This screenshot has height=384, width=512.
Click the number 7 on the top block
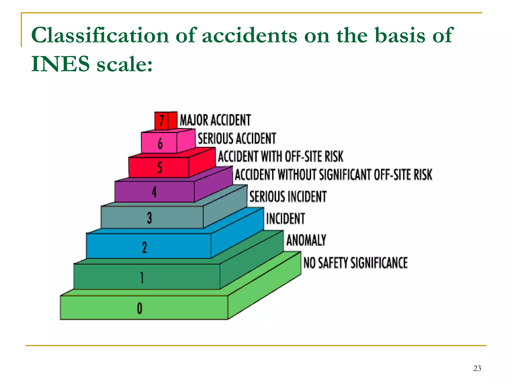tap(162, 121)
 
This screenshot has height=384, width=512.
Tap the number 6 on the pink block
tap(160, 143)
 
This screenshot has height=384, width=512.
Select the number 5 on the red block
tap(159, 167)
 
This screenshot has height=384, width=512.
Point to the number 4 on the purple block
tap(154, 192)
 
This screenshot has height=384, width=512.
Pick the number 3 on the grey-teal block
tap(149, 217)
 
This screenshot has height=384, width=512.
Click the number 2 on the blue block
tap(144, 247)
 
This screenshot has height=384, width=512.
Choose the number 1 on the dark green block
tap(142, 277)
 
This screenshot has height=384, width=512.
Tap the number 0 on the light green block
tap(139, 308)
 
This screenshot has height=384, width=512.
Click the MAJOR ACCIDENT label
tap(215, 120)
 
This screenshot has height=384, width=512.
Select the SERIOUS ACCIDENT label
tap(237, 138)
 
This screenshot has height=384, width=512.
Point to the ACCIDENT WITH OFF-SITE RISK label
tap(280, 156)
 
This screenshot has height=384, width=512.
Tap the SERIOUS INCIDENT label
tap(288, 196)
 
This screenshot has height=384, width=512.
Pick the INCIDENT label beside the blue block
tap(285, 218)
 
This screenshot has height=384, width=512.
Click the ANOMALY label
tap(306, 240)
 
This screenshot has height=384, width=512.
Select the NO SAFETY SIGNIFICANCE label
tap(355, 263)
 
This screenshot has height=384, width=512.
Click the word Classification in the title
tap(100, 35)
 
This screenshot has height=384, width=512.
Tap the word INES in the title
tap(60, 64)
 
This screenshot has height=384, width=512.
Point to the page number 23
tap(477, 368)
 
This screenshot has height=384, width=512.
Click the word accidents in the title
tap(249, 35)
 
